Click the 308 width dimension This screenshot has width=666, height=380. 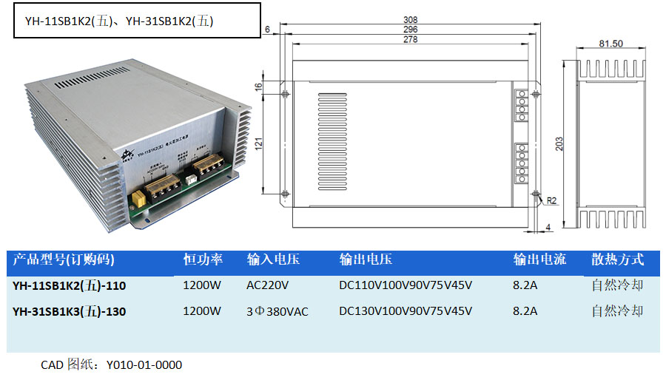coord(411,19)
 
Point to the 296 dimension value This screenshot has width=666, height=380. coord(411,30)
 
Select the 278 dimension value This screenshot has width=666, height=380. coord(411,40)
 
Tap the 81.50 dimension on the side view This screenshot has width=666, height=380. coord(610,44)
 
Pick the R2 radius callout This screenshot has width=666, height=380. coord(551,200)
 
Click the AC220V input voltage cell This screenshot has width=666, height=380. coord(267,285)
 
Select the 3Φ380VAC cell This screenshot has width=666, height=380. coord(277,311)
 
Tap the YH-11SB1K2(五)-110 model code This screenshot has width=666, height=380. coord(70,285)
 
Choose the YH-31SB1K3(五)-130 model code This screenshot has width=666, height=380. coord(70,311)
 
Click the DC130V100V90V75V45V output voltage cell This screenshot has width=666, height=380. coord(406,311)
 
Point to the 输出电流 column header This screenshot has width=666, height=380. coord(539,259)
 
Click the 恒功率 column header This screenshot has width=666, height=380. coord(203,259)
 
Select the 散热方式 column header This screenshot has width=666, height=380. coord(617,259)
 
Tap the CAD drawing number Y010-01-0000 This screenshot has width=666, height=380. coord(144,364)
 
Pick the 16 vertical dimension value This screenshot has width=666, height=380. coord(258,86)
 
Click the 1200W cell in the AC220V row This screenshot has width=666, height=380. coord(202,285)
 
